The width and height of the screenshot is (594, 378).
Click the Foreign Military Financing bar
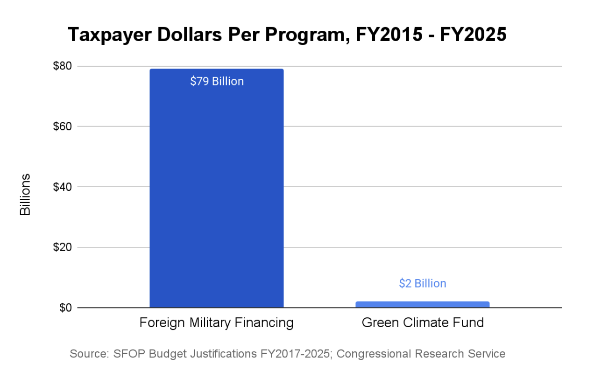pos(216,196)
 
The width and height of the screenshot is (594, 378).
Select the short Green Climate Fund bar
pos(422,304)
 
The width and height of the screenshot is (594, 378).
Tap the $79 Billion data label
pos(217,82)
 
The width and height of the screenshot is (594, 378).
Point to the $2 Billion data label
pos(422,283)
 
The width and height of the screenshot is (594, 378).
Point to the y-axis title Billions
pos(25,195)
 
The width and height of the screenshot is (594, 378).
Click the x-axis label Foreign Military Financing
pos(216,323)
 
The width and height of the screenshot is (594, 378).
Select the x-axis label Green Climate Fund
pos(422,323)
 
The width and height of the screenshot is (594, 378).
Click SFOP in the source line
pos(128,354)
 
